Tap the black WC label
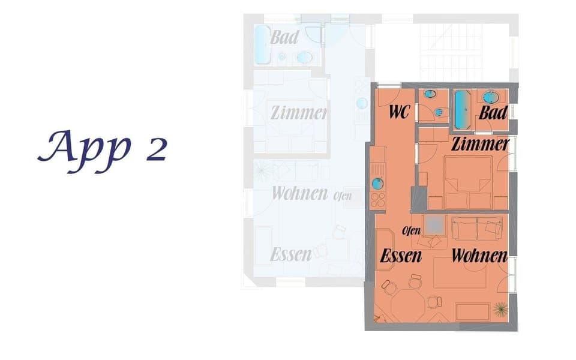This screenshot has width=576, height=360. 399,112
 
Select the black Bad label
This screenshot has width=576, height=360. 493,112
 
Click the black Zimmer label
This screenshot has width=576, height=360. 480,144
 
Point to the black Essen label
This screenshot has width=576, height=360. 401,256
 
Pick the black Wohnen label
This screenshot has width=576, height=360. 479,256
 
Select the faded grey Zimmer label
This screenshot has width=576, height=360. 298,112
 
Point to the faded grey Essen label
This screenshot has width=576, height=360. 291,254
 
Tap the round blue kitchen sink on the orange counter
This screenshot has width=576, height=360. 377,184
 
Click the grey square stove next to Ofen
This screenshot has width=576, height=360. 434,224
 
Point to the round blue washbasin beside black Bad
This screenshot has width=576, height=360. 492,97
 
